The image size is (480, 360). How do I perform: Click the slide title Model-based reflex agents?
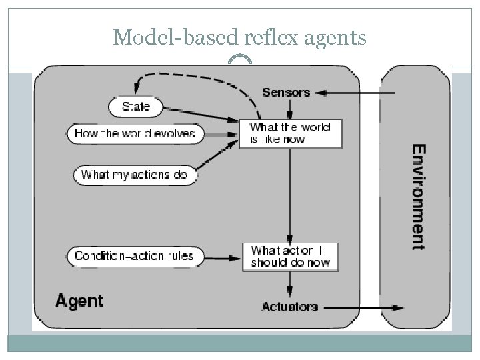[239, 38]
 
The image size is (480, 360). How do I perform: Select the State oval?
[135, 106]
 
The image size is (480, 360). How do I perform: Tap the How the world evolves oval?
[135, 133]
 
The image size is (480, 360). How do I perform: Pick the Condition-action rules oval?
[134, 255]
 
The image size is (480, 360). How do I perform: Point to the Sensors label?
[285, 92]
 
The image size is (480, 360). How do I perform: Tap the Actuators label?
[289, 307]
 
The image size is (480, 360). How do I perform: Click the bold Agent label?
[79, 301]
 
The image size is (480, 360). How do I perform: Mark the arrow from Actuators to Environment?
[363, 307]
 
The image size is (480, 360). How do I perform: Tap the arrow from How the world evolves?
[221, 133]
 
